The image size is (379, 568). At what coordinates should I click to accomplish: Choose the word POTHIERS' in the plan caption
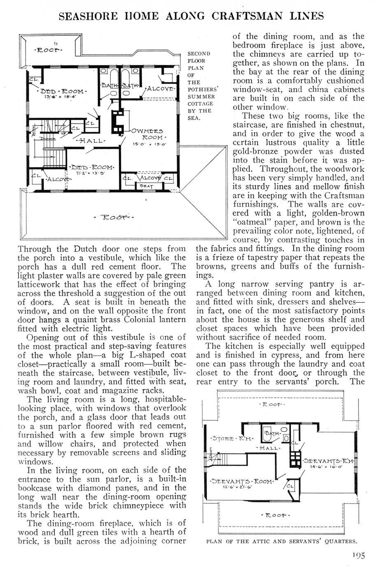pos(199,89)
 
